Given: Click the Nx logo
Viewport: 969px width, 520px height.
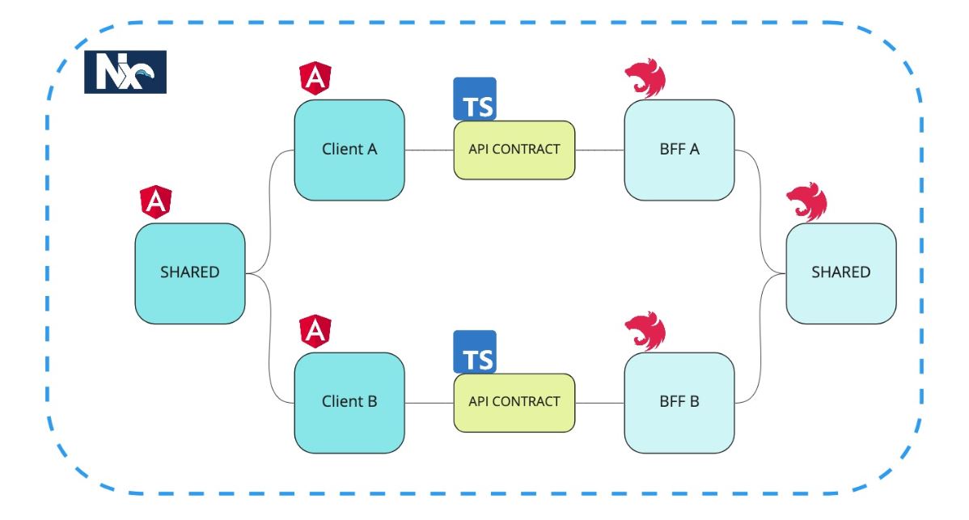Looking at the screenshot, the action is [x=125, y=72].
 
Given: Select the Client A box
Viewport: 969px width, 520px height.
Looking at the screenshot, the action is [x=349, y=150].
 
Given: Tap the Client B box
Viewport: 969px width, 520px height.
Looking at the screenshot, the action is [x=349, y=403].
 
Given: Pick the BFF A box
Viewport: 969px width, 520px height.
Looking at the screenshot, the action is [x=679, y=150].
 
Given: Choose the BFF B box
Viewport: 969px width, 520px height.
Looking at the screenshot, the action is [x=679, y=403].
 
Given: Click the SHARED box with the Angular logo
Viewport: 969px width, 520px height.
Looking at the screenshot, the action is [x=190, y=273].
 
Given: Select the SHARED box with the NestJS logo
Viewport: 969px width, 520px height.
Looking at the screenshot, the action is [x=841, y=273].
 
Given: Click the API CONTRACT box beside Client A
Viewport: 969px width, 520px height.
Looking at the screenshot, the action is [x=514, y=150].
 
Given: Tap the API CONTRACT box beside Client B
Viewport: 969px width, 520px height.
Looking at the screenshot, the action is [x=514, y=403].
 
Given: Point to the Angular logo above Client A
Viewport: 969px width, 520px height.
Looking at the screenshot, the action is [x=315, y=78].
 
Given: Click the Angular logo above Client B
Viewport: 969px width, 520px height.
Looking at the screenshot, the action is [x=315, y=332].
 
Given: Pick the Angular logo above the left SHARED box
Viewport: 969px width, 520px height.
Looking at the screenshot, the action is [x=156, y=202].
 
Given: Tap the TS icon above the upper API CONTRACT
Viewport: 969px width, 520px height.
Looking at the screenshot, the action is [x=475, y=99].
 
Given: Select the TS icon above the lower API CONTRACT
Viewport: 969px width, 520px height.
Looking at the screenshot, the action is [x=475, y=352].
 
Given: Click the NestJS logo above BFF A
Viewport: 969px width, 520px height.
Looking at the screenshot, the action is [x=645, y=78].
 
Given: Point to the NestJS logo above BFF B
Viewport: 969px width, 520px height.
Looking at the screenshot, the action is [x=645, y=331].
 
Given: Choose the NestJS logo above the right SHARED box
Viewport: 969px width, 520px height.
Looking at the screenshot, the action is [x=806, y=202].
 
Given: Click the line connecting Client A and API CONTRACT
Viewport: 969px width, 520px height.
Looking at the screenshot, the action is [x=429, y=150].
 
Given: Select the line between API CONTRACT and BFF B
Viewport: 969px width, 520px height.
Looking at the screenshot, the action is [x=599, y=403].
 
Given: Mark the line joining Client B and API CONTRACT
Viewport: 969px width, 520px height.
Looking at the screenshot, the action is [x=429, y=403].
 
